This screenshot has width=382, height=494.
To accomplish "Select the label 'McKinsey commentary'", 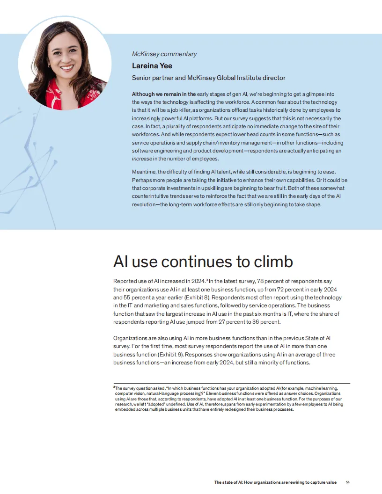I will pyautogui.click(x=164, y=54).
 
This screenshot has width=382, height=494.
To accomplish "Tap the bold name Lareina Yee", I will pyautogui.click(x=152, y=65).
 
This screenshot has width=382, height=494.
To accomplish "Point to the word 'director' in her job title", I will pyautogui.click(x=273, y=78).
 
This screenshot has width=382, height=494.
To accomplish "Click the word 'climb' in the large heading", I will pyautogui.click(x=270, y=262).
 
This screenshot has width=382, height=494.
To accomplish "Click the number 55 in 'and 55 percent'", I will pyautogui.click(x=130, y=298).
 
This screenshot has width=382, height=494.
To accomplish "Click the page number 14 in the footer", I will pyautogui.click(x=348, y=482).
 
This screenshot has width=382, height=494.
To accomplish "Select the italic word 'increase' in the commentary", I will pyautogui.click(x=142, y=159).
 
